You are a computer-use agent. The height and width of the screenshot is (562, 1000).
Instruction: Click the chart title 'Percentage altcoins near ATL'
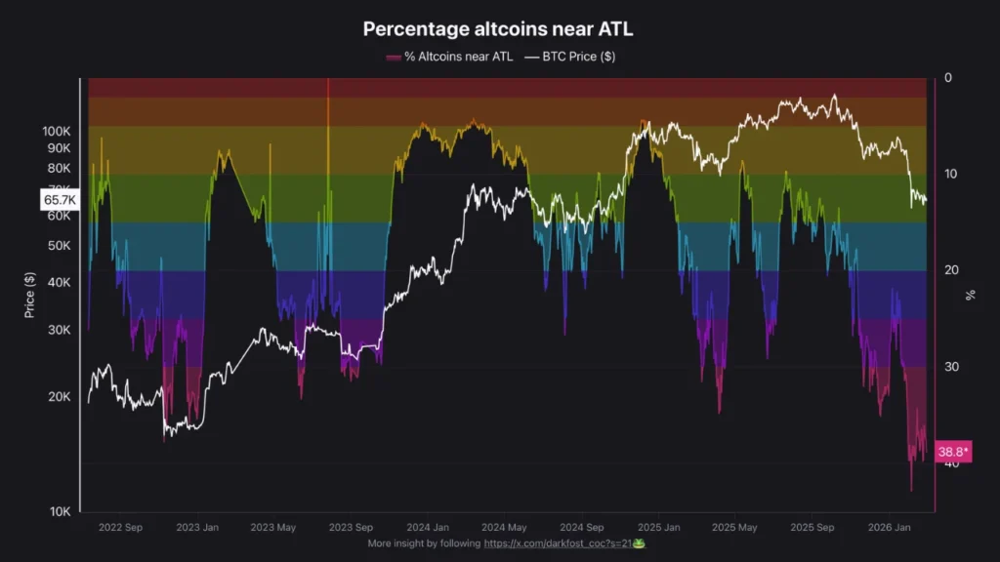coord(498,29)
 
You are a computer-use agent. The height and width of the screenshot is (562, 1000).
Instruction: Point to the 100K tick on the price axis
coord(57,131)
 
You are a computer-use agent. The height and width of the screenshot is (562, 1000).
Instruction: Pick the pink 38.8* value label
coord(952,452)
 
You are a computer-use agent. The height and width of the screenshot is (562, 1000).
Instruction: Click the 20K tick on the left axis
coord(60,397)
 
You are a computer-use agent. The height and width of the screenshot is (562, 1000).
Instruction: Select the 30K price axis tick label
coord(60,330)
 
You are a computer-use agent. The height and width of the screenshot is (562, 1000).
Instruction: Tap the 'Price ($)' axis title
coord(29,295)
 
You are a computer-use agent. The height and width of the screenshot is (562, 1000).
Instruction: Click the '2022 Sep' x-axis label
coord(120,527)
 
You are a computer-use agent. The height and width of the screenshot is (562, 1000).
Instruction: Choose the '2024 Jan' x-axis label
coord(427,527)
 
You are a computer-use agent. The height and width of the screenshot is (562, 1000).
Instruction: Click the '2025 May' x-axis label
coord(733,527)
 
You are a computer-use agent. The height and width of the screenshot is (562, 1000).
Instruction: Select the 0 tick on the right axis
coord(947,78)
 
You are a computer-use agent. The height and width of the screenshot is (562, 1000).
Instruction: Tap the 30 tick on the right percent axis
coord(950,367)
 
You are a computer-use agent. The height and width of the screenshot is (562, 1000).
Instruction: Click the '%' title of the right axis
coord(970,295)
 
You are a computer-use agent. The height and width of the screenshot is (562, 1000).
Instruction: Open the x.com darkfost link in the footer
coord(558,542)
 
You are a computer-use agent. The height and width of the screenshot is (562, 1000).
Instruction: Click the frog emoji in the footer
coord(639,542)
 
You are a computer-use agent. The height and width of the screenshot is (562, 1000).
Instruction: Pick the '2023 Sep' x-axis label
coord(350,527)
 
